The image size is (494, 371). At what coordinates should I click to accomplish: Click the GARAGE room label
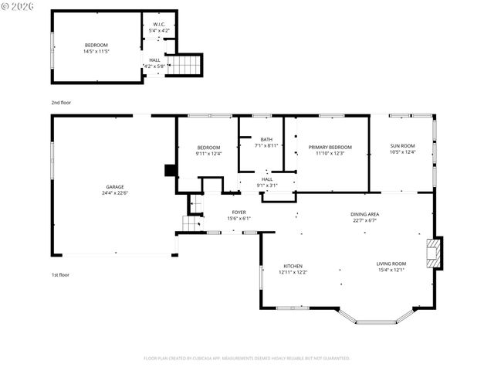point(115,187)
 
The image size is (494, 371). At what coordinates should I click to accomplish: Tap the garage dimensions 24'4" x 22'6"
point(115,193)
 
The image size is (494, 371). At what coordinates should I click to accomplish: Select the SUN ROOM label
point(402,145)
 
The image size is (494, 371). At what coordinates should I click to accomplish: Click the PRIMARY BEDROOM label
point(330,147)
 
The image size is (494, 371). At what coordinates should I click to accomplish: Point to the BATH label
point(266,139)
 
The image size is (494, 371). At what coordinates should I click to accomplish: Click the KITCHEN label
point(293,266)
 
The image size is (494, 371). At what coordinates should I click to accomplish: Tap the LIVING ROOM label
point(391,264)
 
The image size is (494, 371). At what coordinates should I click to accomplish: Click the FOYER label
point(239,212)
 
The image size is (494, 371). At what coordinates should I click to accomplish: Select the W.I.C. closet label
point(158,24)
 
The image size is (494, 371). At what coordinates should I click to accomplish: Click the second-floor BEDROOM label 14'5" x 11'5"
point(96,45)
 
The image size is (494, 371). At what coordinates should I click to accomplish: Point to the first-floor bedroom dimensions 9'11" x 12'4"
point(208,154)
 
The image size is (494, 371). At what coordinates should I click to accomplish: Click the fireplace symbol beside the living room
point(435,253)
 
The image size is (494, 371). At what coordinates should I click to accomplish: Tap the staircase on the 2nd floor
point(183,65)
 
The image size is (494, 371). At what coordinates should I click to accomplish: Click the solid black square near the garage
point(171,170)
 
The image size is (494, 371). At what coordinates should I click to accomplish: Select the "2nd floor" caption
point(62,101)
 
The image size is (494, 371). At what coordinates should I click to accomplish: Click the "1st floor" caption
point(61,274)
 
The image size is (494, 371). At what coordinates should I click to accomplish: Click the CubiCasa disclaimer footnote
point(247,359)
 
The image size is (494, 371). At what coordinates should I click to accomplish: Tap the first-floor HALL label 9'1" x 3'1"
point(266,182)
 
